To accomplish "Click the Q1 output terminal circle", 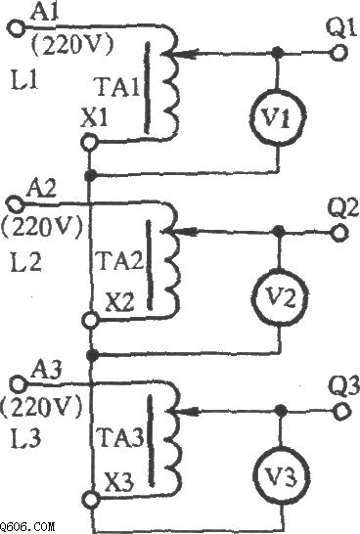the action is (x=337, y=52).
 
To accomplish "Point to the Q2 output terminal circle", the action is (x=338, y=232).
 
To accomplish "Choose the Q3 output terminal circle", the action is (x=342, y=411).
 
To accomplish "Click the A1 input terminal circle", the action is (x=16, y=27).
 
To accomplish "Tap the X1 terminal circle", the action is (x=89, y=143).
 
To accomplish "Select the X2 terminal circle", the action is (x=90, y=320).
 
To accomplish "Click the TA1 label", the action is (x=117, y=87).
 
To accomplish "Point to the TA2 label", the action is (x=120, y=260).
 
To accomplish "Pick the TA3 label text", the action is (x=120, y=437).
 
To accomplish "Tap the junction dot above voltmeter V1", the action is (x=278, y=53).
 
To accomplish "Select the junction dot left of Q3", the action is (x=281, y=411).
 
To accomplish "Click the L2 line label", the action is (x=25, y=262).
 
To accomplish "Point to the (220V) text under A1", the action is (x=71, y=45).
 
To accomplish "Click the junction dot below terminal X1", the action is (x=90, y=176).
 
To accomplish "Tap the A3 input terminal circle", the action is (x=18, y=384).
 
